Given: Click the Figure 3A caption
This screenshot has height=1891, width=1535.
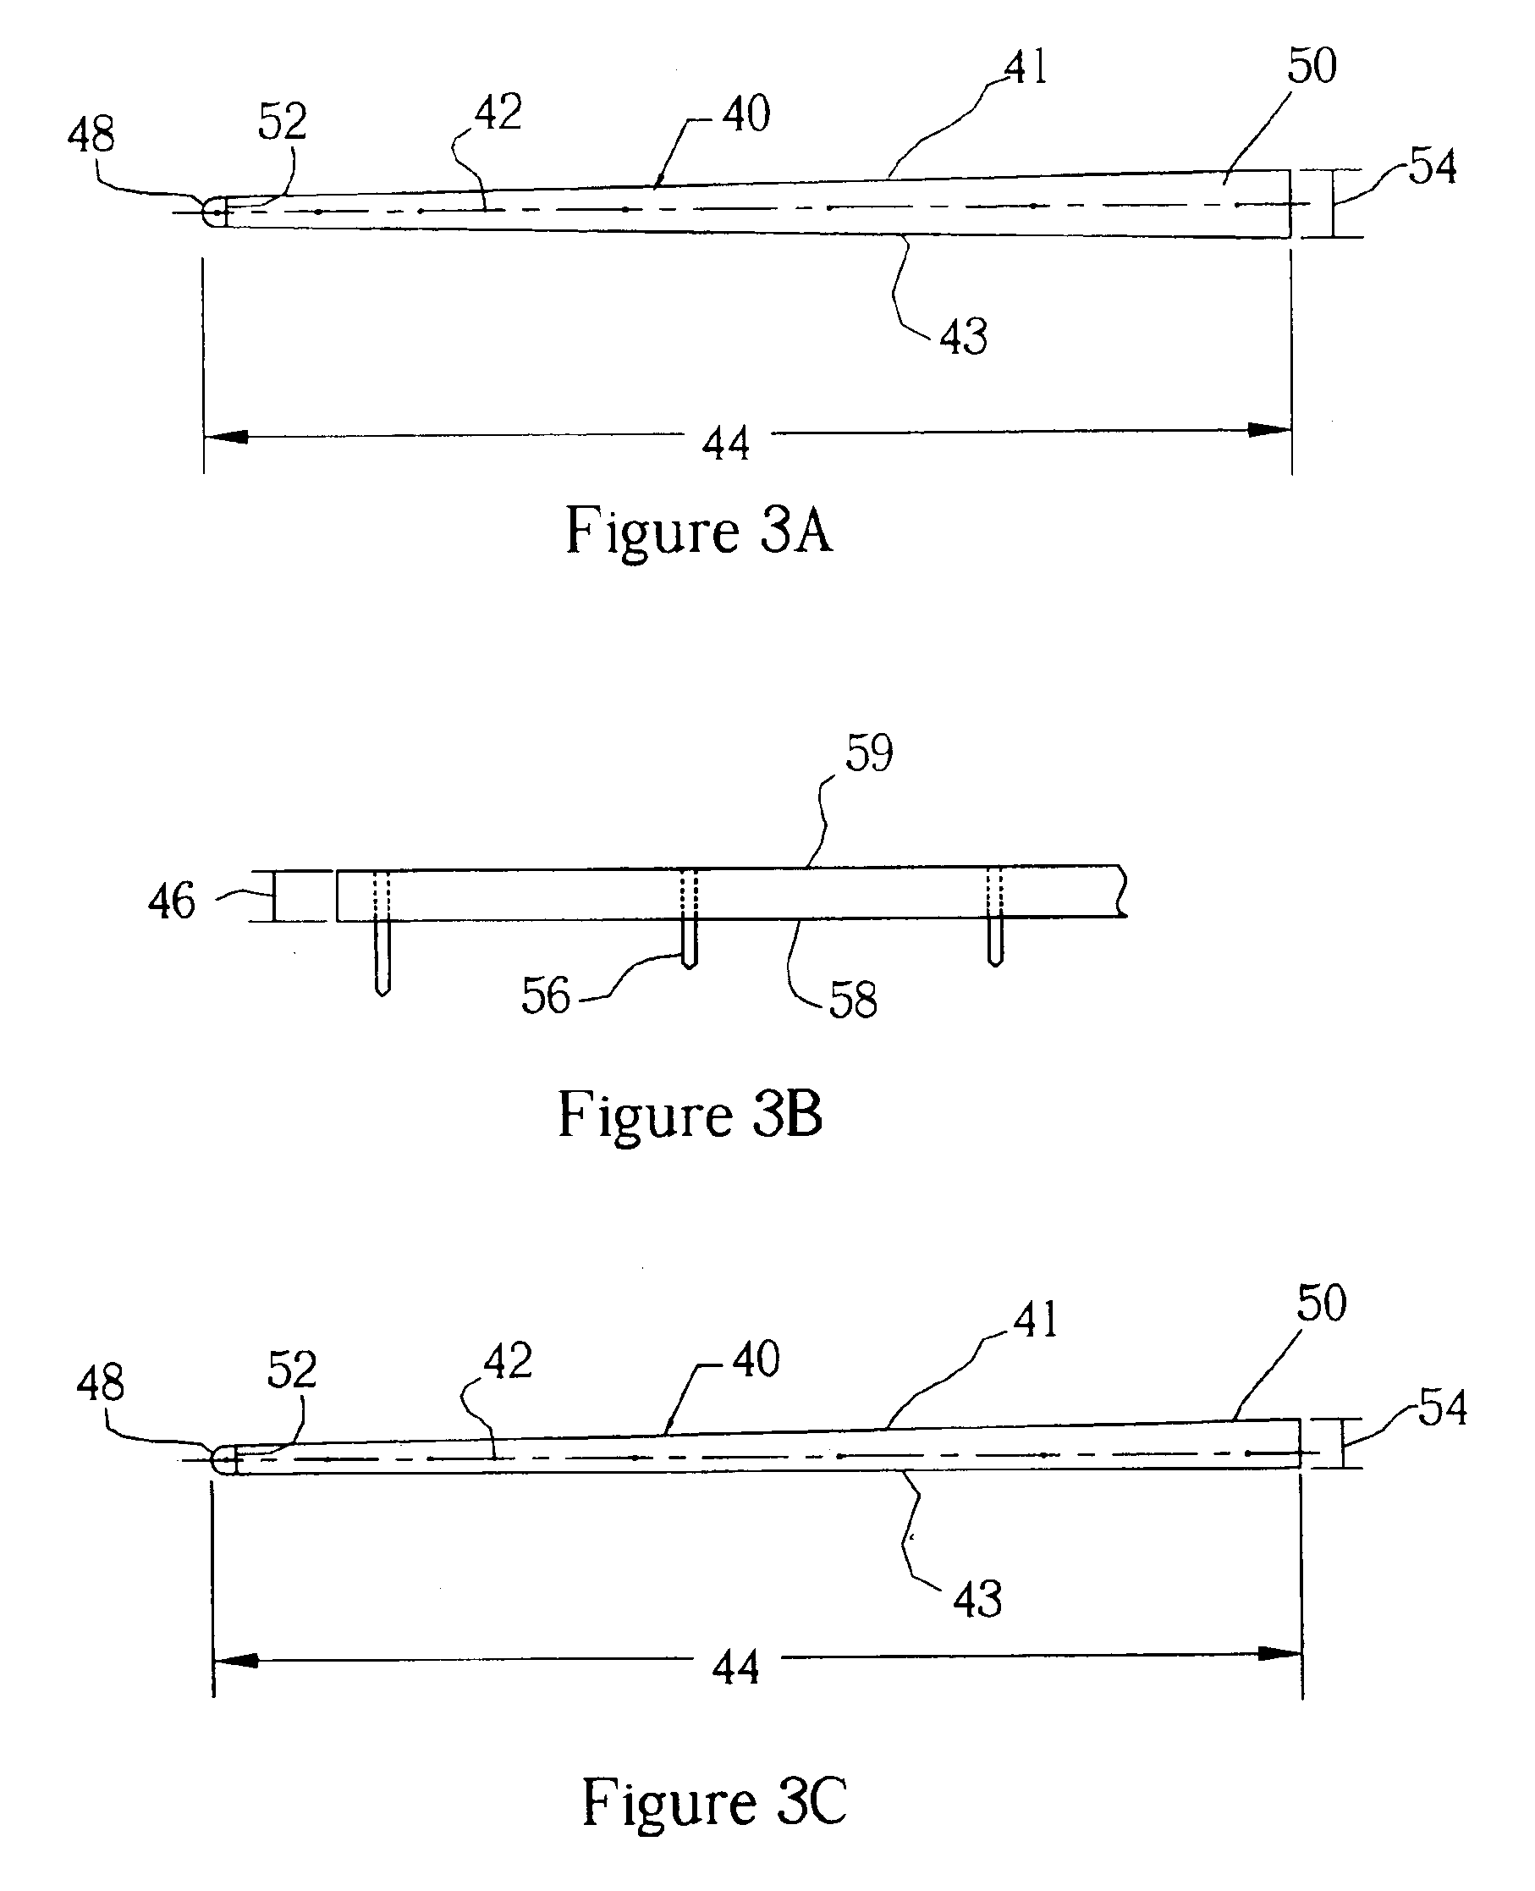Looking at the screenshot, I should coord(698,531).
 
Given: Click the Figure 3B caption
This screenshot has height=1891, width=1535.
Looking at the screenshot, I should coord(690,1115).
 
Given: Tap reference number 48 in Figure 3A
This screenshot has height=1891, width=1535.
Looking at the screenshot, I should coord(91,135).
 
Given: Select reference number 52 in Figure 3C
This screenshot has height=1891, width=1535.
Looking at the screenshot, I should coord(292,1370).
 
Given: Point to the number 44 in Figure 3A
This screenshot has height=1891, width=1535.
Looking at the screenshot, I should coord(726,442).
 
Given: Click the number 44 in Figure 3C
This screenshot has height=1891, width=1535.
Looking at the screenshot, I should coord(735,1667).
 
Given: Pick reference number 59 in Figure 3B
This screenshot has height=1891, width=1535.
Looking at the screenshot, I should coord(869,753).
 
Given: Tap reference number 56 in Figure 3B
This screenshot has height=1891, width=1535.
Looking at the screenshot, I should coord(546,996).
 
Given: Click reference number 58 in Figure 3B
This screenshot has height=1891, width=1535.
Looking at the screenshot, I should coord(853,1001).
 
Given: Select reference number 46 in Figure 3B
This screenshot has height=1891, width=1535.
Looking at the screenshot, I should coord(172,901).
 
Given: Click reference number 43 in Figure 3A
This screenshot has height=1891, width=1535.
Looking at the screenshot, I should coord(964,336).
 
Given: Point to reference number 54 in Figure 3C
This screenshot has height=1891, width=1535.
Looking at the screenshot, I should coord(1443,1407).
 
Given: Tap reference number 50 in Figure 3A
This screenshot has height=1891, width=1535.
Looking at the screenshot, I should coord(1312,66).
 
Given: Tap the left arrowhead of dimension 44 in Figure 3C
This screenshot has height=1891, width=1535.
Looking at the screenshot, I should coord(235,1661).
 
